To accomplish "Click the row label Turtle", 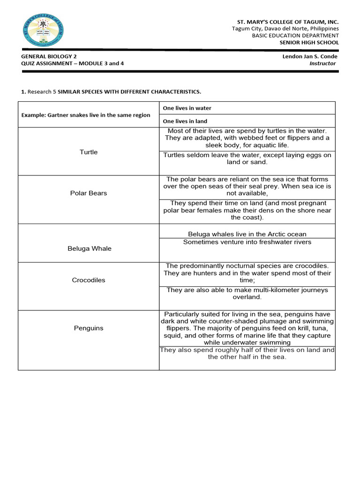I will (89, 152).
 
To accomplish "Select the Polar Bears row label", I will (89, 193).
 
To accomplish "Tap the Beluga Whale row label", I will (89, 248).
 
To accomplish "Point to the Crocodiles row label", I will (89, 280).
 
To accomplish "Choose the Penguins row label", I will (89, 328).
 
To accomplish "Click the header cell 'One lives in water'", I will (187, 108).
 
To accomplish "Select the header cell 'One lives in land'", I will (185, 121).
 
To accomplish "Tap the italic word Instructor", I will (322, 63).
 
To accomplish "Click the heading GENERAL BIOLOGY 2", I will (49, 56).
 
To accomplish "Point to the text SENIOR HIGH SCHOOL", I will (309, 43).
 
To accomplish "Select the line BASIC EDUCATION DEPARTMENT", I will (295, 36).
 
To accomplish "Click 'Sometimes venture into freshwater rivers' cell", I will (247, 242).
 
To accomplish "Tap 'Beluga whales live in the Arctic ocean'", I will (247, 234).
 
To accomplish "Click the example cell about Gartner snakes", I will (86, 115).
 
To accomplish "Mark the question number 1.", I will (23, 92).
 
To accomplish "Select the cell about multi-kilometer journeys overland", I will (247, 293).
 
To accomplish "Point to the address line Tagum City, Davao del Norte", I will (285, 29).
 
